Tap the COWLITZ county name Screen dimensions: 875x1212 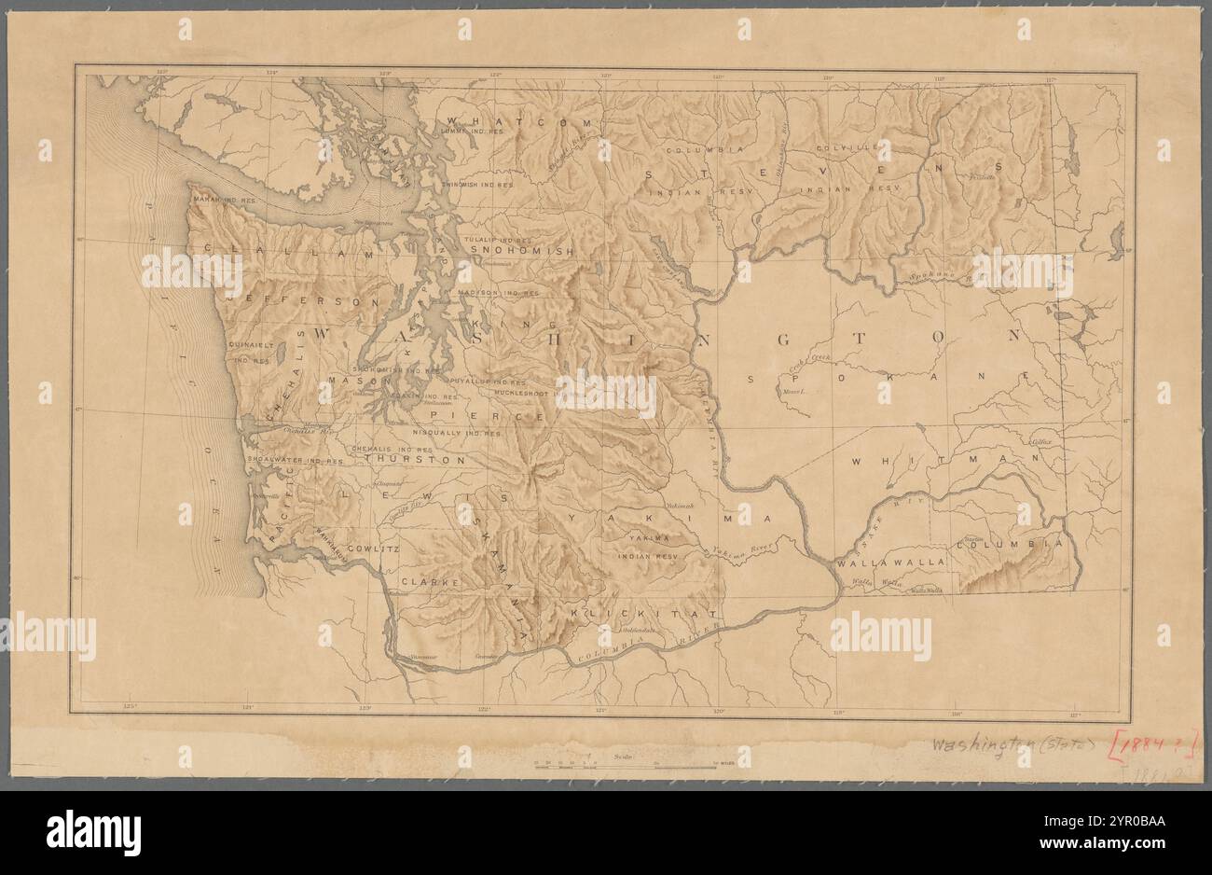point(372,549)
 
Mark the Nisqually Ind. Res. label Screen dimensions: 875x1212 point(457,434)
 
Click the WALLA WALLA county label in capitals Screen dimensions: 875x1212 point(892,562)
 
